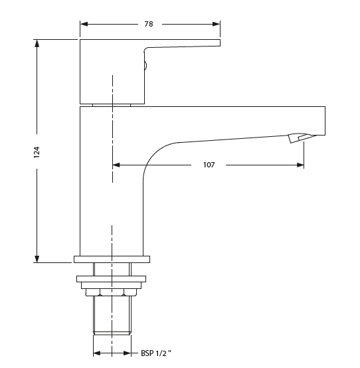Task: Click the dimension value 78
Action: (149, 24)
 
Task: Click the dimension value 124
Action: (37, 151)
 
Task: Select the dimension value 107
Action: (209, 165)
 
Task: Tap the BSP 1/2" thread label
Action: (156, 354)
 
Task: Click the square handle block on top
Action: (110, 70)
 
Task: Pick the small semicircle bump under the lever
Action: (145, 65)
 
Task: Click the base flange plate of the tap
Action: (112, 259)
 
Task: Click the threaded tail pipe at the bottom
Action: (112, 316)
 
